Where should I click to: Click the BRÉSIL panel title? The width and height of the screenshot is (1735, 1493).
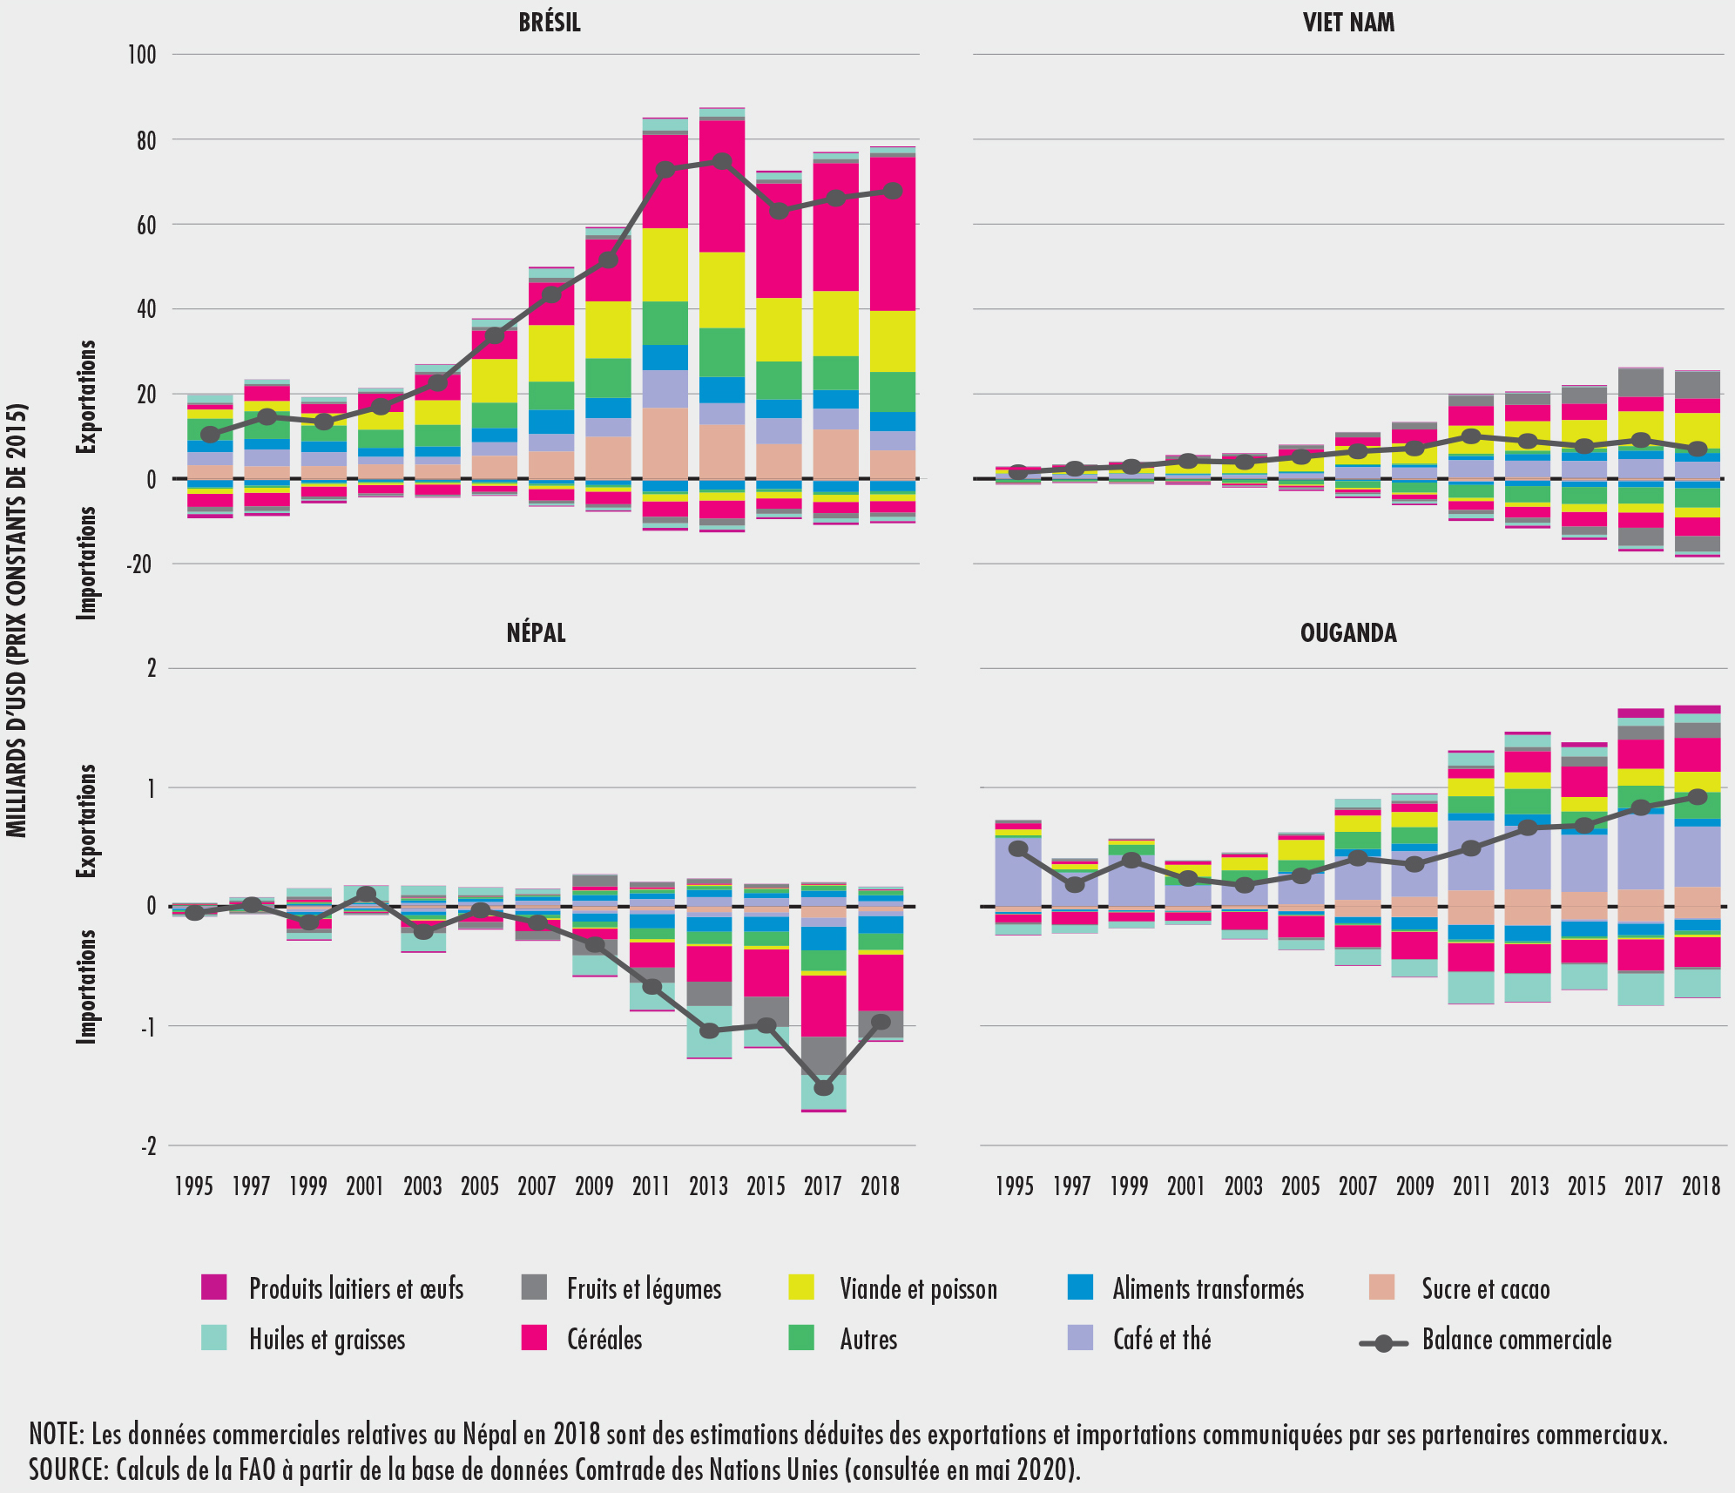[x=550, y=22]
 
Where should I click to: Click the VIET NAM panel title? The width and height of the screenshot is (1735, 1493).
[x=1348, y=22]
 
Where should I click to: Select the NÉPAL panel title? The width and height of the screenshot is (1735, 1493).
[x=536, y=632]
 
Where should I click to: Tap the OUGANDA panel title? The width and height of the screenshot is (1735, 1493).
[x=1348, y=632]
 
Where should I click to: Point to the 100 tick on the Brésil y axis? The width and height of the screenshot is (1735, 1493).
[x=142, y=55]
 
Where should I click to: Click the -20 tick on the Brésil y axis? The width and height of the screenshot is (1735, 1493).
[x=140, y=564]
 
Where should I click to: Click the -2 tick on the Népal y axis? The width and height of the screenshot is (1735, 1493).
[x=148, y=1145]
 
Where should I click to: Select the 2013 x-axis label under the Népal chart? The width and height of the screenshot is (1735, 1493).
[x=708, y=1186]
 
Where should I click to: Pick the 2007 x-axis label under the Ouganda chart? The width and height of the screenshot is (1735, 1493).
[x=1357, y=1186]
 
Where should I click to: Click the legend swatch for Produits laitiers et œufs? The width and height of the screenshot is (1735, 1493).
[x=213, y=1287]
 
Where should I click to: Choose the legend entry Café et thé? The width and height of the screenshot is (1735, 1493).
[x=1162, y=1339]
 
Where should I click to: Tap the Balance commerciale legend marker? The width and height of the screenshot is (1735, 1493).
[x=1383, y=1343]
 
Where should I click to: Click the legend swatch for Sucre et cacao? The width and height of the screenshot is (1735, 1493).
[x=1381, y=1287]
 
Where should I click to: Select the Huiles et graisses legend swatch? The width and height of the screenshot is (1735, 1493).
[x=213, y=1338]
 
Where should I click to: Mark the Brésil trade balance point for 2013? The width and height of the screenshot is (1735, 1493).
[x=722, y=162]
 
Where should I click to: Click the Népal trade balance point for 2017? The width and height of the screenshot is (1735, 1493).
[x=823, y=1088]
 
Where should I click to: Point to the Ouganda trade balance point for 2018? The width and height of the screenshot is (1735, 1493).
[x=1698, y=796]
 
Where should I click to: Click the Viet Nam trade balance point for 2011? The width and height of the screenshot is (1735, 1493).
[x=1471, y=436]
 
